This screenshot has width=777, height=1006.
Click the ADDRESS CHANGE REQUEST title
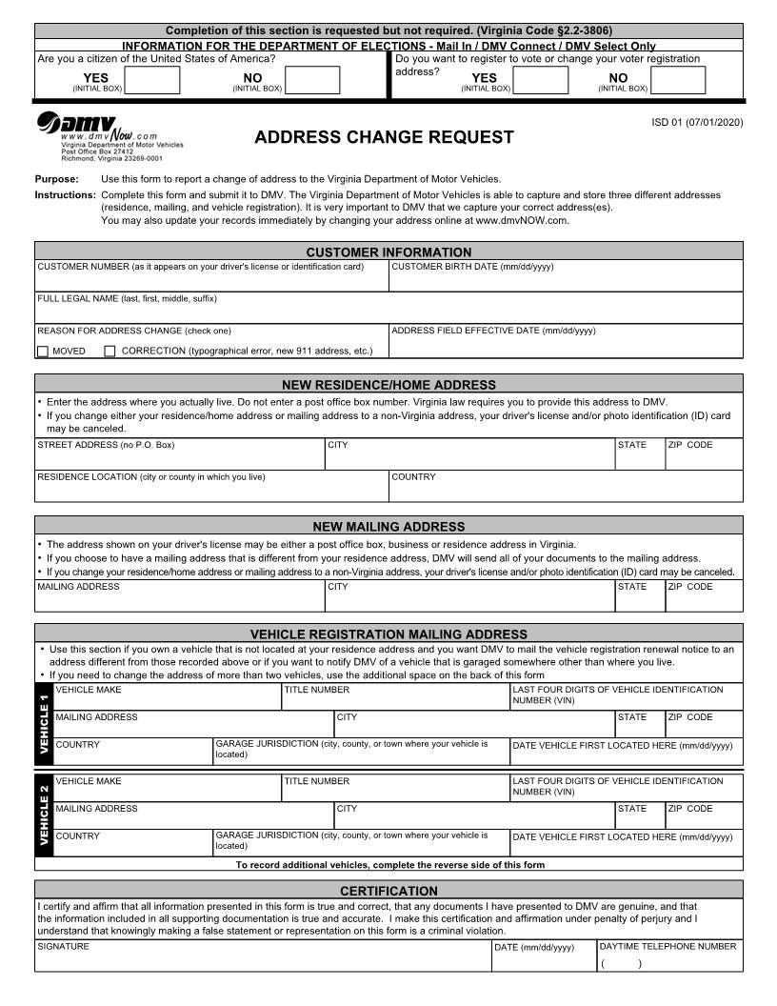pos(384,137)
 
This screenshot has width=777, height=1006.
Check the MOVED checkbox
pos(43,351)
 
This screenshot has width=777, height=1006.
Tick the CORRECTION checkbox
pos(110,351)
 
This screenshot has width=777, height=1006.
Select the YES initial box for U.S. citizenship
pos(151,80)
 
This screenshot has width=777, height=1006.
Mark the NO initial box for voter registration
pos(678,80)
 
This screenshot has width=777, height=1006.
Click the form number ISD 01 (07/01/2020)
pos(697,122)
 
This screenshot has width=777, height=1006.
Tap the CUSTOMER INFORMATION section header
pos(388,251)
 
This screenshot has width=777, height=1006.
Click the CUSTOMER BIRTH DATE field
pos(566,278)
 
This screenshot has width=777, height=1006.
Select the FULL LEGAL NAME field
pos(388,311)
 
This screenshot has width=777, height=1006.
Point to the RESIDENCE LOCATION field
pos(211,489)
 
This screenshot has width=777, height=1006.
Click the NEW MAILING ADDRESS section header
pos(388,526)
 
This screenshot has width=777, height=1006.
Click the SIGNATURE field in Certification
pos(263,959)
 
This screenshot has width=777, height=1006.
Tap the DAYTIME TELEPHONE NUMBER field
pos(668,959)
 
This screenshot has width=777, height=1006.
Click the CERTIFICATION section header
pos(388,891)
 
